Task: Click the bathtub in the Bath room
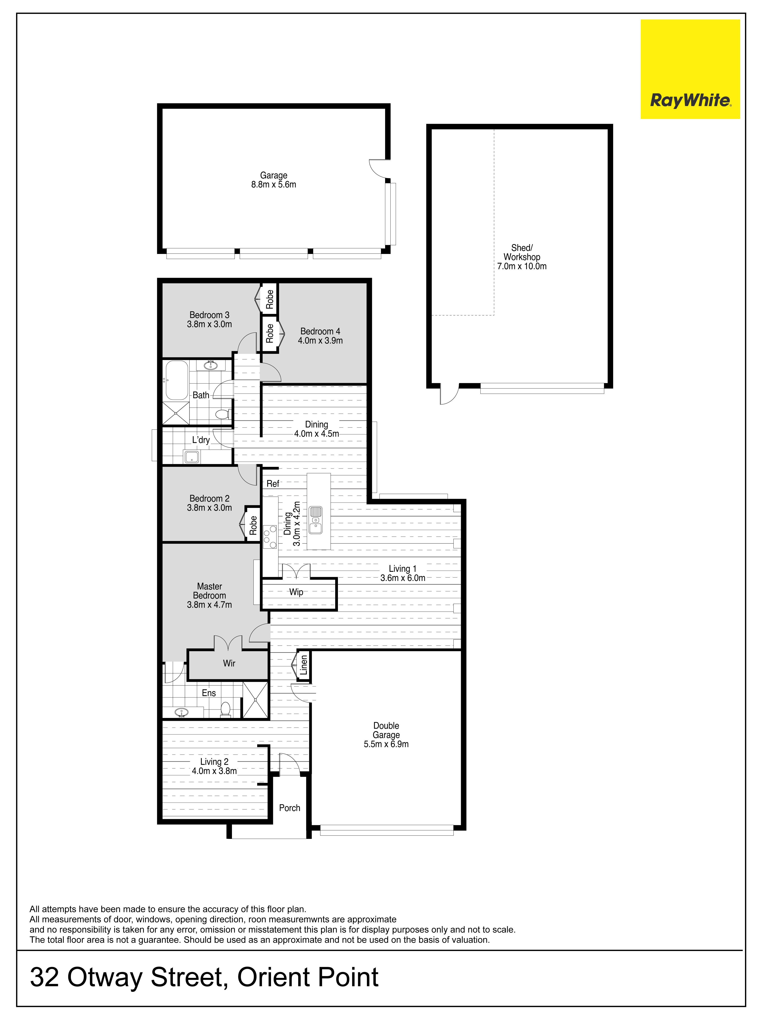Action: coord(177,380)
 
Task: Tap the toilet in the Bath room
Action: coord(223,414)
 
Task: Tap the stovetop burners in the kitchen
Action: coord(270,537)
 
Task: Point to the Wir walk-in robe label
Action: coord(229,663)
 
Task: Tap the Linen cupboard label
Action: coord(304,665)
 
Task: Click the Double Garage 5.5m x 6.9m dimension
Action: coord(386,744)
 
